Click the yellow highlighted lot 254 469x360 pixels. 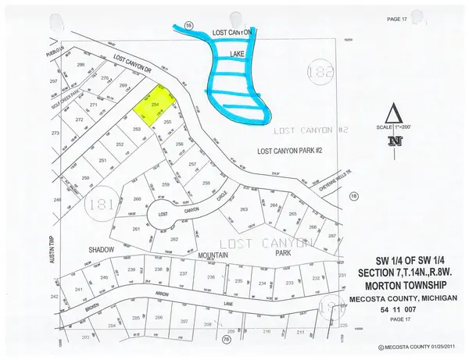(x=153, y=105)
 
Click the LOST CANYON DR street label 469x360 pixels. (x=131, y=65)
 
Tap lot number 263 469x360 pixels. (x=244, y=210)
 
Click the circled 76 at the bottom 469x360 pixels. (x=227, y=340)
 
